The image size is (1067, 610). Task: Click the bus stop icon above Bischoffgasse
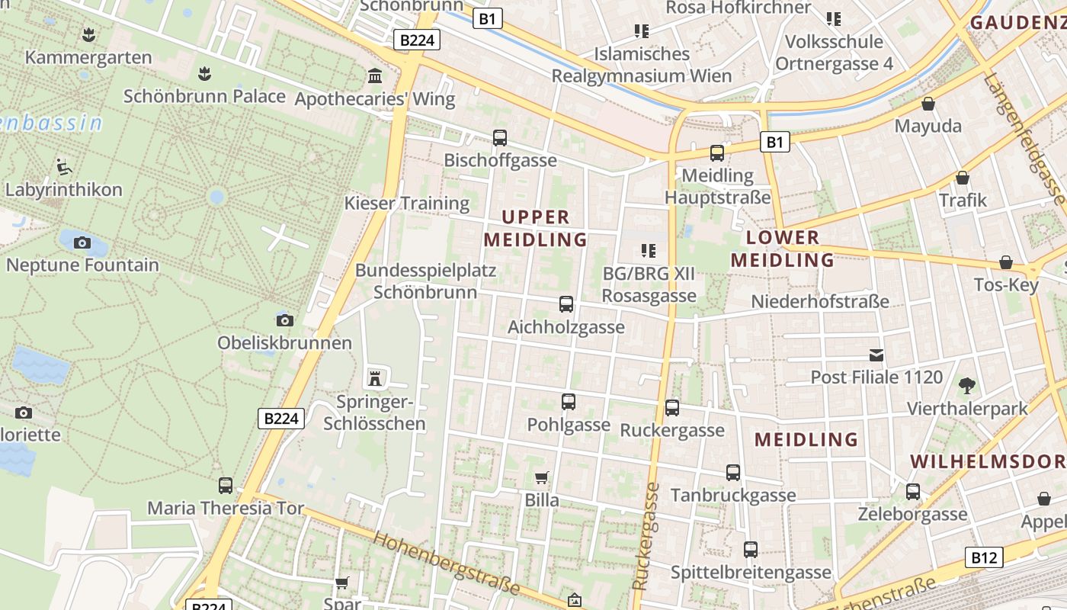point(500,138)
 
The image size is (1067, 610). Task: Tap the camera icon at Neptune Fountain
point(82,243)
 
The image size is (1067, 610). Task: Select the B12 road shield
point(983,557)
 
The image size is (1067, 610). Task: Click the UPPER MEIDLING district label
point(535,228)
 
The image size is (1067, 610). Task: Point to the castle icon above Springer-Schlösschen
point(374,377)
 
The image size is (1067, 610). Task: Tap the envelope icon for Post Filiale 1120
point(876,355)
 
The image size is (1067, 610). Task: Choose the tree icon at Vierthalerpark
point(967,386)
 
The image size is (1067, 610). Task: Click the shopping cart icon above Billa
point(542,478)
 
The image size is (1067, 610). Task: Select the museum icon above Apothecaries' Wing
point(375,76)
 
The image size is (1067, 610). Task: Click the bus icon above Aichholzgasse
point(566,304)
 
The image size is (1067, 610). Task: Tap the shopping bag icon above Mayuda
point(928,104)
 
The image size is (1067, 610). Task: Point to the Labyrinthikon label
point(64,189)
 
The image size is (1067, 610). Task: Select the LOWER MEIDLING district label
point(783,249)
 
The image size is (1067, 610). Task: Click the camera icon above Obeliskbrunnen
point(285,320)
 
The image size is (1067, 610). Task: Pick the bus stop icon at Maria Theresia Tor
point(226,485)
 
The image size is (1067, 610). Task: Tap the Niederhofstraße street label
point(820,301)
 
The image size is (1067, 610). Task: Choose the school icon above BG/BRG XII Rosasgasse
point(649,250)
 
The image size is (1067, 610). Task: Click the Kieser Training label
point(407,203)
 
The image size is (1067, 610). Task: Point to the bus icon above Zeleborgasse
point(913,492)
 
